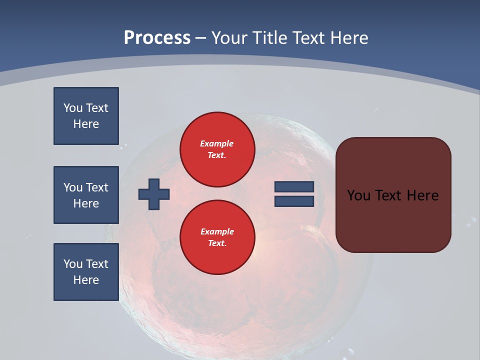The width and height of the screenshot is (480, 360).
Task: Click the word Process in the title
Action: tap(157, 38)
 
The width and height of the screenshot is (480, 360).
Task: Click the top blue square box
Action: tap(86, 116)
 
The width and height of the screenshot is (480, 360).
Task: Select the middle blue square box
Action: tap(86, 195)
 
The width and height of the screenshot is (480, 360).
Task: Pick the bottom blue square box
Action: tap(86, 272)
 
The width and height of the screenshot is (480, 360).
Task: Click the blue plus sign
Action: tap(154, 194)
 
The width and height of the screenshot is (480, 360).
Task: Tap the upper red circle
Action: tap(217, 149)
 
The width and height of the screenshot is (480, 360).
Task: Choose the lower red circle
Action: tap(217, 237)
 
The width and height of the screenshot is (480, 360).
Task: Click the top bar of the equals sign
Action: tap(294, 186)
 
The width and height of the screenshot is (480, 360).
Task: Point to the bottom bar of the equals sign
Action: tap(294, 201)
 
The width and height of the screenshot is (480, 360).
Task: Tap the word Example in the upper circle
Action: tap(216, 143)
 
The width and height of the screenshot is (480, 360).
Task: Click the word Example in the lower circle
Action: tap(217, 231)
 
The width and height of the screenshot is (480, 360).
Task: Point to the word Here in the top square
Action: tap(86, 124)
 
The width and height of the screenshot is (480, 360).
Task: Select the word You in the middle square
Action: tap(72, 187)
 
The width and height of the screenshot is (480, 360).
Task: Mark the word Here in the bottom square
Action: tap(86, 280)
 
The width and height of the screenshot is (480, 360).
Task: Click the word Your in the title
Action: tap(229, 38)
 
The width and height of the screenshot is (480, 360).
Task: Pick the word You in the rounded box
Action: tap(358, 195)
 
